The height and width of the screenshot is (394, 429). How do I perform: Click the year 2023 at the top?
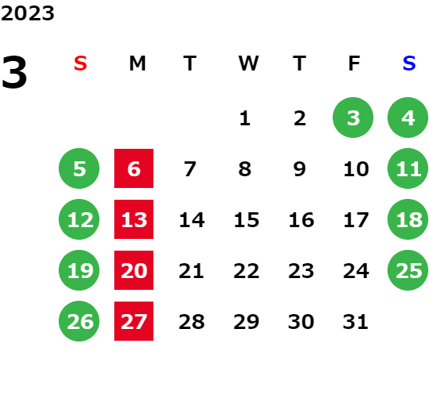coord(27,13)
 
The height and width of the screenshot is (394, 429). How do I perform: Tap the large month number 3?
coord(14,72)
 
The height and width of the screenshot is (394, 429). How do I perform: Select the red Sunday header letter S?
coord(81,63)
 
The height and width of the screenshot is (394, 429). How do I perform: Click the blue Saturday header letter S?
coord(409,63)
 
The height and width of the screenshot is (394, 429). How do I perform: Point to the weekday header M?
coord(137,63)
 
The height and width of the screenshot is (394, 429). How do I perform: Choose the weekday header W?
coord(248,63)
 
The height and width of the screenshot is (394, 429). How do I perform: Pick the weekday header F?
coord(355,63)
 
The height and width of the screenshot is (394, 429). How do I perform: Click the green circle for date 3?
coord(353,117)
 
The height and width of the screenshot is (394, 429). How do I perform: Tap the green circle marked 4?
coord(408,117)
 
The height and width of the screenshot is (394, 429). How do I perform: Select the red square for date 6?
coord(134,168)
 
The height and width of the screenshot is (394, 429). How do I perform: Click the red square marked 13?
coord(134,219)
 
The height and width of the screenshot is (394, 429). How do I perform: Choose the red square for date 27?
coord(134,321)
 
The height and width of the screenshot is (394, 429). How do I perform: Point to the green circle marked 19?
coord(79,270)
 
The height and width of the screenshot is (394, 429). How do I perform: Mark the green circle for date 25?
coord(408,270)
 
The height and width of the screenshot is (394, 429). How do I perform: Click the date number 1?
coord(245,118)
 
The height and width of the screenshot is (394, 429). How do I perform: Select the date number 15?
coord(247,220)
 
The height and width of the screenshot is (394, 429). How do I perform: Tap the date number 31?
coord(355,322)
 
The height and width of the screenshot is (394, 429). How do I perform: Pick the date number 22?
coord(247,271)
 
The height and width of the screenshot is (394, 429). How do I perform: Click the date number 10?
coord(356,169)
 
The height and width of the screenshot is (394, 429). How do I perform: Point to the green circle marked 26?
coord(79,321)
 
